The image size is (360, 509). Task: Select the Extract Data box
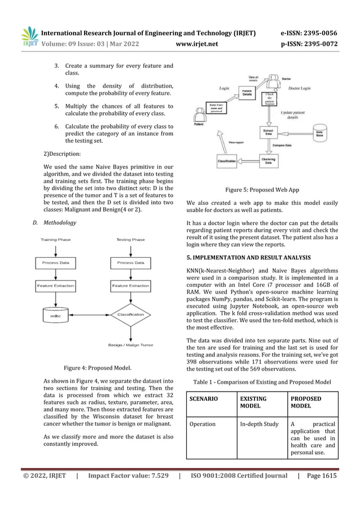click(267, 132)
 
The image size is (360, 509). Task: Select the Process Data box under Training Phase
click(55, 262)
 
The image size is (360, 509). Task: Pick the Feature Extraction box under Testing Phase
click(130, 286)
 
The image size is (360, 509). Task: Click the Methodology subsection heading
click(59, 223)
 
